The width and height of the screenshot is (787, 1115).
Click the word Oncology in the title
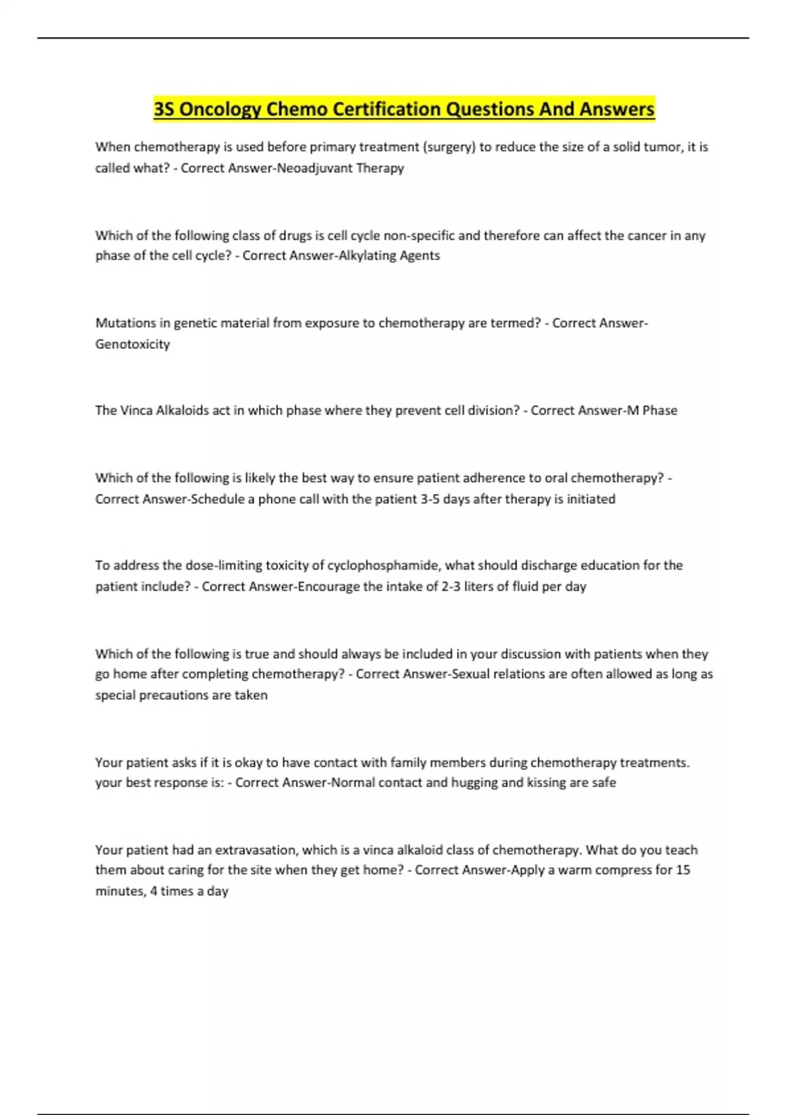[x=220, y=109]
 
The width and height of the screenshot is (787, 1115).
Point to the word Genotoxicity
[x=132, y=344]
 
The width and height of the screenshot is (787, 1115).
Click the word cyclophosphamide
[x=382, y=565]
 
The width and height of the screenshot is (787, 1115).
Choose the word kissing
[x=548, y=782]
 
